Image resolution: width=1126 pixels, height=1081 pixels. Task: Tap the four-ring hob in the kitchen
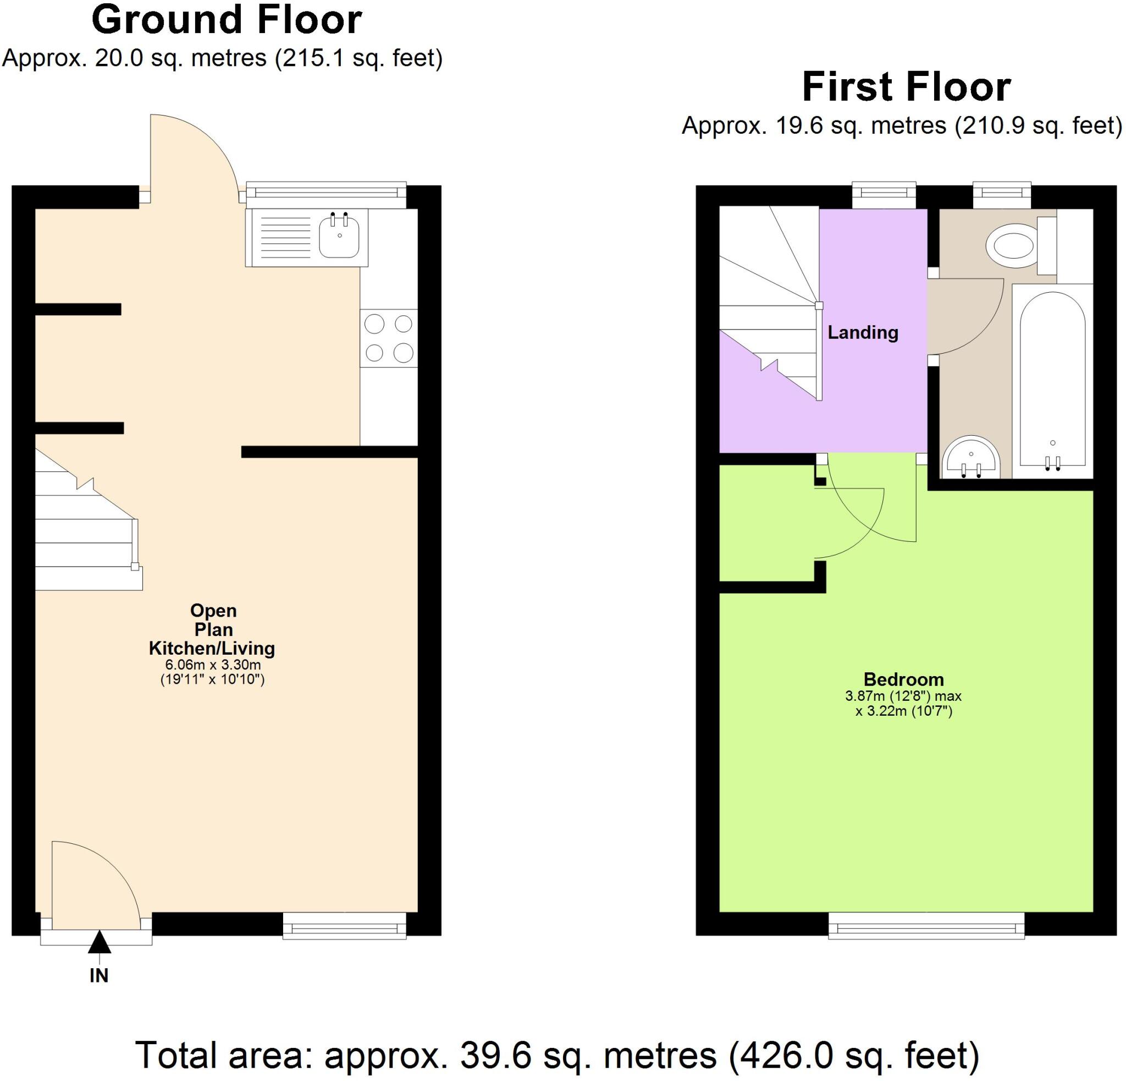(x=389, y=338)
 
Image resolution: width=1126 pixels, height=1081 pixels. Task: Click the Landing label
(x=862, y=333)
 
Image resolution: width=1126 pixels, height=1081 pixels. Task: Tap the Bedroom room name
(x=903, y=679)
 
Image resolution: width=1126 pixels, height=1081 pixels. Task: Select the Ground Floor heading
(x=227, y=20)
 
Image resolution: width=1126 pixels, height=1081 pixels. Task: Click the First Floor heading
(x=906, y=87)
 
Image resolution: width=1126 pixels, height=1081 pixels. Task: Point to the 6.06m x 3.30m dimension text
(x=213, y=665)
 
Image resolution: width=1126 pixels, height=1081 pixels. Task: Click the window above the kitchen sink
(x=325, y=195)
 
